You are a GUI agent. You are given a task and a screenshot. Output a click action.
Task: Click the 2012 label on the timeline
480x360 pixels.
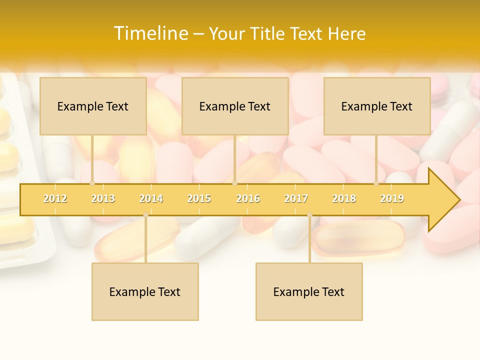55,198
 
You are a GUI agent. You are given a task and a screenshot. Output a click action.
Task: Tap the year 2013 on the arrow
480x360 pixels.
103,198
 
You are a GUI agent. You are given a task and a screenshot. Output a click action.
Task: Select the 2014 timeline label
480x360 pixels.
151,198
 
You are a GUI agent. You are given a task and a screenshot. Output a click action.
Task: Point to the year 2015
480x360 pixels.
199,198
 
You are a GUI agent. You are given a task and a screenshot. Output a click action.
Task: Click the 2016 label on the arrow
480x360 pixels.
248,198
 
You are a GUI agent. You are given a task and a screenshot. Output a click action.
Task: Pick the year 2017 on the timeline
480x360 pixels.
296,198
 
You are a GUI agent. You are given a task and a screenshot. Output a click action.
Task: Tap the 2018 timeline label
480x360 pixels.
344,198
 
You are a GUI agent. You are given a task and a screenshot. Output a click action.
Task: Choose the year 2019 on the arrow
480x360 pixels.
392,198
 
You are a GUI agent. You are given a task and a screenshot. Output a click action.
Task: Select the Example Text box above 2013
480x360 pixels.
93,106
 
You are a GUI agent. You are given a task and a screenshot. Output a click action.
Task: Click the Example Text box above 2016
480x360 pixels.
235,106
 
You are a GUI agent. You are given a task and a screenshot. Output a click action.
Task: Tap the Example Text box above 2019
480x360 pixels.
377,106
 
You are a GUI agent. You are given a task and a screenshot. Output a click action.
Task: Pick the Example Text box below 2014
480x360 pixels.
145,291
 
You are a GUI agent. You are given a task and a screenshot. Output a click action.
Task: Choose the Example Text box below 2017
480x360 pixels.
309,291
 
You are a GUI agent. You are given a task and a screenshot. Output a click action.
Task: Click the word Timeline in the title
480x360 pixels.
150,33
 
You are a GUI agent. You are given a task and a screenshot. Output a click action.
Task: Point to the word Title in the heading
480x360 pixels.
267,34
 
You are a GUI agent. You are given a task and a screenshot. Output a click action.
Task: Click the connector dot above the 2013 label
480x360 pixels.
92,183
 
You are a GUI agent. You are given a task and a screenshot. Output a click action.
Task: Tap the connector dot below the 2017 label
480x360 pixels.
309,215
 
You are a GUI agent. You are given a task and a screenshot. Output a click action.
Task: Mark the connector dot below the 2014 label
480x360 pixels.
145,215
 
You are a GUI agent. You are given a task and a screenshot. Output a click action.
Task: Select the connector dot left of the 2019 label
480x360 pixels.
376,183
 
